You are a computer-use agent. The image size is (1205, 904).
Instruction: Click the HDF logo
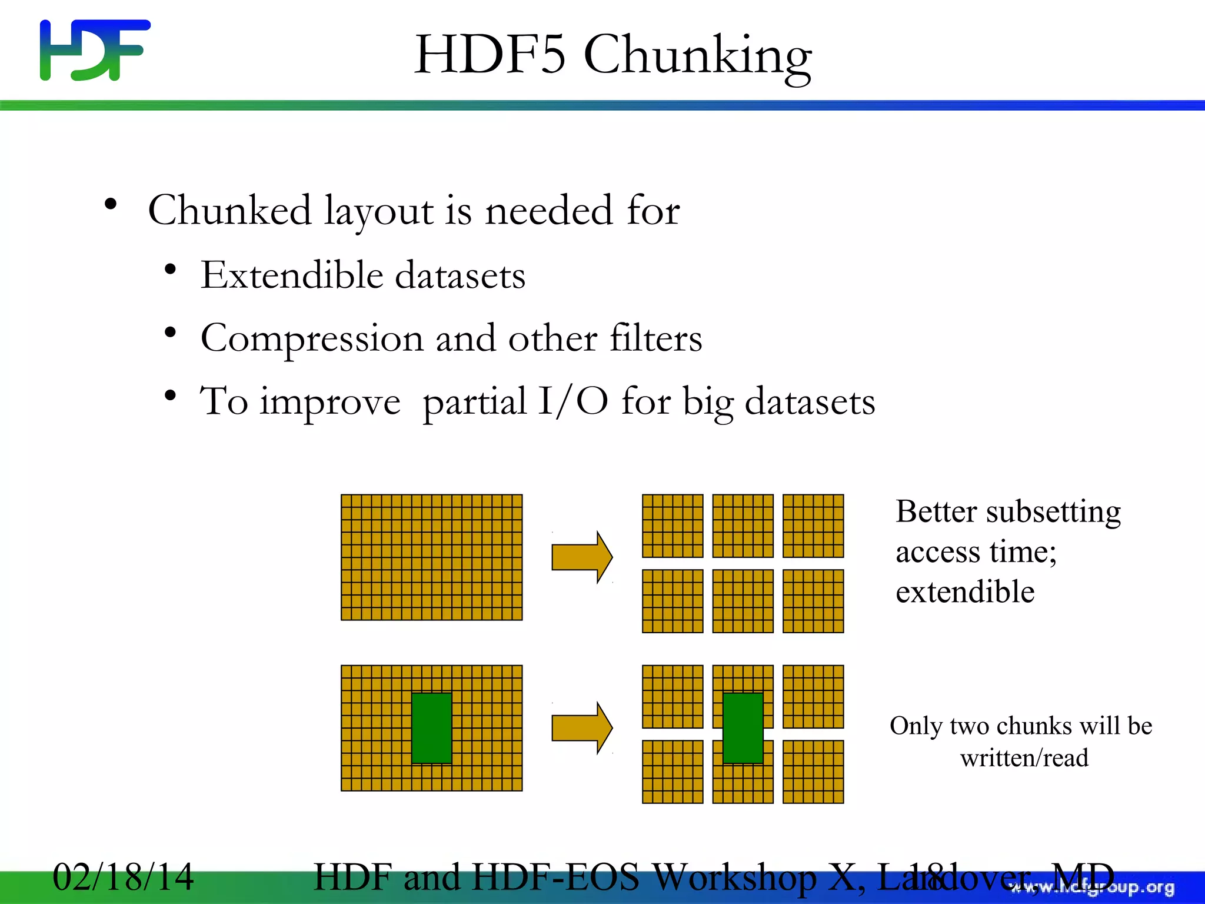(94, 50)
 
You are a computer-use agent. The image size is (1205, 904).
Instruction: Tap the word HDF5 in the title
(490, 55)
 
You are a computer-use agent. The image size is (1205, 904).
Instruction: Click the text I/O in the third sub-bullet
(573, 401)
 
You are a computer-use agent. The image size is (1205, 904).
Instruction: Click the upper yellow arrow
(581, 557)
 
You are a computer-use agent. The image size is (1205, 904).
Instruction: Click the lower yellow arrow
(581, 727)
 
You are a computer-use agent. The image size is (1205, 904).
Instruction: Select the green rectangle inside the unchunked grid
(431, 728)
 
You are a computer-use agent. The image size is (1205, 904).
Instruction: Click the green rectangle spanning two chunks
(743, 728)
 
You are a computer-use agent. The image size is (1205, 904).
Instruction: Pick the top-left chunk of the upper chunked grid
(673, 526)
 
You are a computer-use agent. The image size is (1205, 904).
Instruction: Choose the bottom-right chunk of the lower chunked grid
(813, 772)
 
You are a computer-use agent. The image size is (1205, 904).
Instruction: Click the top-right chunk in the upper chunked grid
(813, 526)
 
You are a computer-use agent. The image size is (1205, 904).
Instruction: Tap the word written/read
(1024, 758)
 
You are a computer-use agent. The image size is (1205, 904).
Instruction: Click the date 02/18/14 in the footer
(123, 877)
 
